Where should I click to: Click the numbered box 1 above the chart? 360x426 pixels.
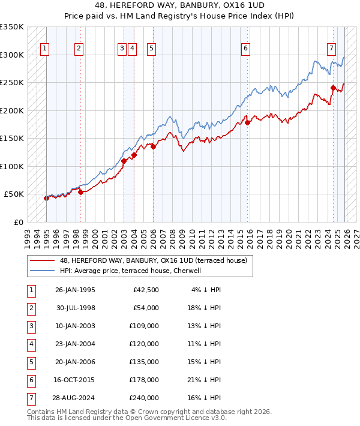coord(46,49)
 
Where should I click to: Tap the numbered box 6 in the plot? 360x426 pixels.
coord(246,49)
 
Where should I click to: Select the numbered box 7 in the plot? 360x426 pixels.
coord(331,49)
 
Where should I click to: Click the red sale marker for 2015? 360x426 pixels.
coord(247,123)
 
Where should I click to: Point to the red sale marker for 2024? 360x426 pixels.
coord(333,88)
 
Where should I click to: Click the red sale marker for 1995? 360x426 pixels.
coord(46,198)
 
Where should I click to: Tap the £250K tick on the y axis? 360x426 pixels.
coord(12,83)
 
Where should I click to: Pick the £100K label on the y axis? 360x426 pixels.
coord(12,166)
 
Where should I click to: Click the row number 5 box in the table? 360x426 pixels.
coord(31,362)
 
